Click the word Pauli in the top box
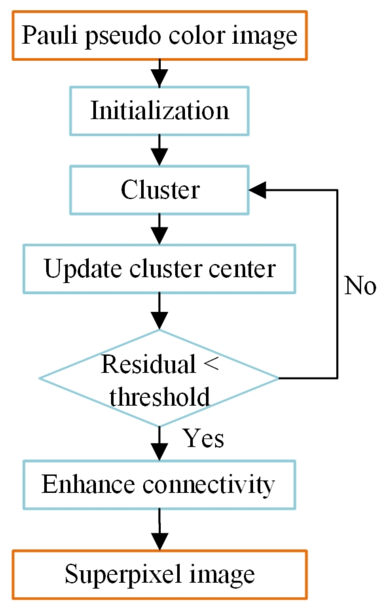pos(49,35)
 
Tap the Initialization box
pos(159,111)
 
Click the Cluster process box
pos(159,190)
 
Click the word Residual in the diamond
pos(148,364)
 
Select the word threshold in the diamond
pos(160,397)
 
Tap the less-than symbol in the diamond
pos(211,363)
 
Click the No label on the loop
pos(360,285)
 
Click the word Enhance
pos(88,484)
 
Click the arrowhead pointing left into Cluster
pos(257,190)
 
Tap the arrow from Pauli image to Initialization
pos(160,74)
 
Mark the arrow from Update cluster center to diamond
pos(160,311)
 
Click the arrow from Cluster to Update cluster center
pos(160,229)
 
